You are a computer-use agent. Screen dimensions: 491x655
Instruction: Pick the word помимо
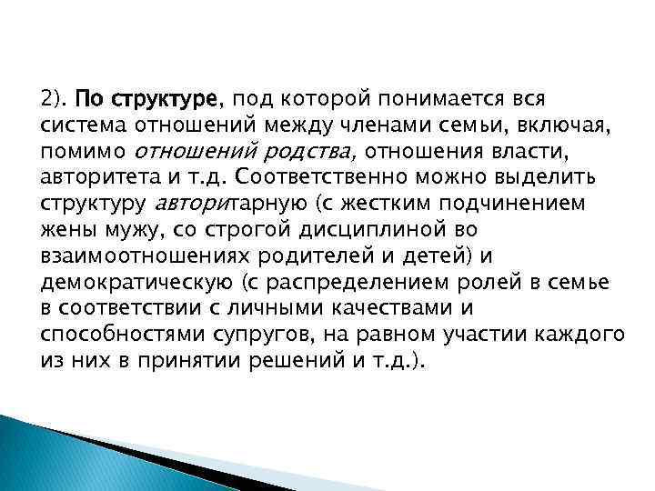[x=83, y=149]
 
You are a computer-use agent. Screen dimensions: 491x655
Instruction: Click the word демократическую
[x=126, y=280]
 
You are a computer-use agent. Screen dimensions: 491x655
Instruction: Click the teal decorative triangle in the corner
[x=45, y=455]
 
